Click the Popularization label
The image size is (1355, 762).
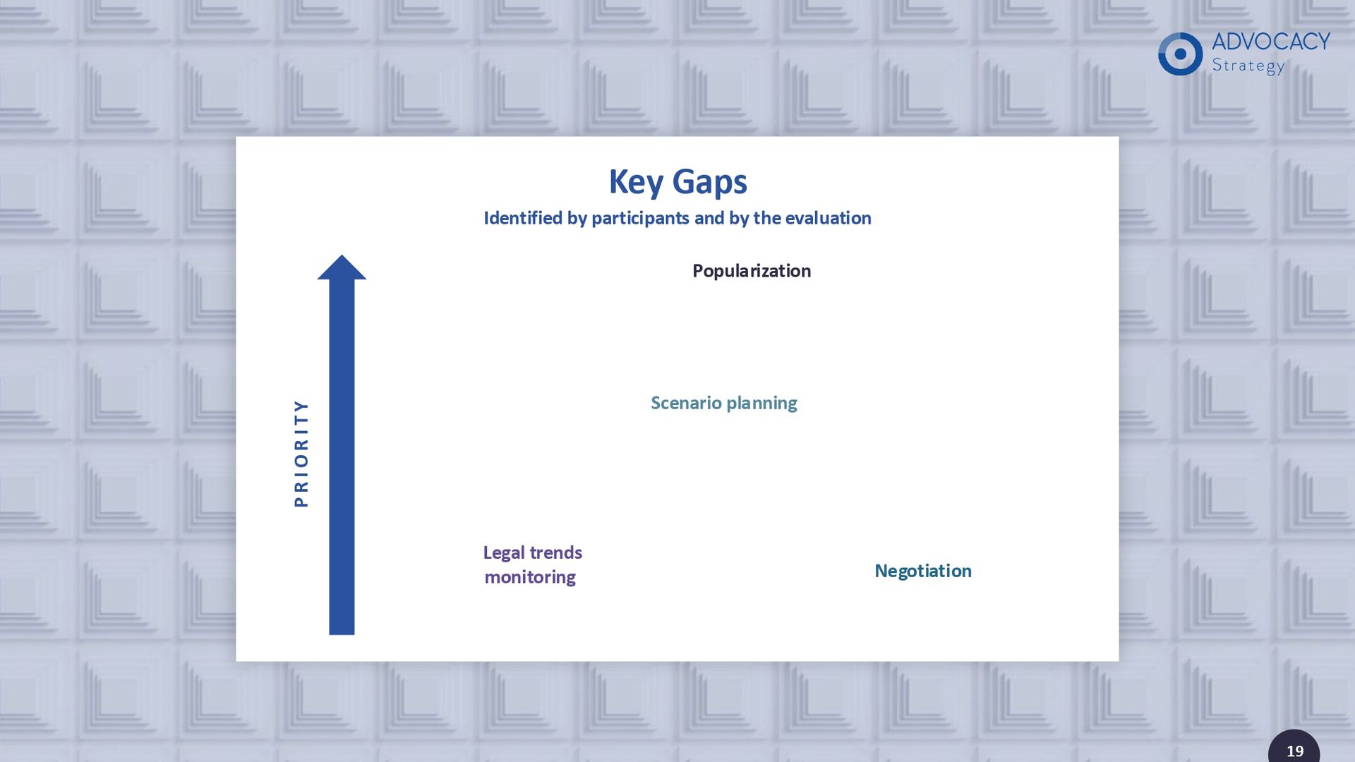752,272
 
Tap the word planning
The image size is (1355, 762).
762,404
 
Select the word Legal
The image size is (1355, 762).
504,553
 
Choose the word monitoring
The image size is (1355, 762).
530,578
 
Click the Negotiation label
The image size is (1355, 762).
923,571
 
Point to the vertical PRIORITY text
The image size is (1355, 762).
301,453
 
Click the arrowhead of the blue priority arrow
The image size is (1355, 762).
342,267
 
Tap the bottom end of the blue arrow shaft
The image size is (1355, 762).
342,634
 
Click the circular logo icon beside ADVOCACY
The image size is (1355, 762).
1180,54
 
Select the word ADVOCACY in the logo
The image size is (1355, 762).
1271,42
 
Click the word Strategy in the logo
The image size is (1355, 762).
1248,66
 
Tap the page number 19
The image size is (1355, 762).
1295,751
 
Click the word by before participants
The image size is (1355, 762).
577,219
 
